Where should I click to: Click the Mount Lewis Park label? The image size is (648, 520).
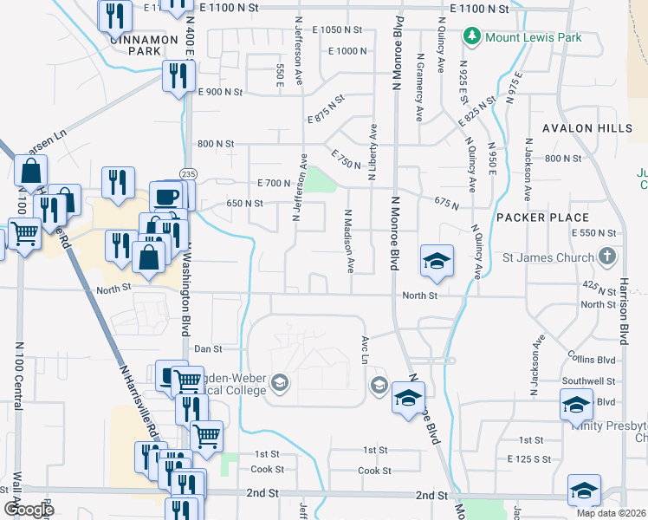pyautogui.click(x=533, y=37)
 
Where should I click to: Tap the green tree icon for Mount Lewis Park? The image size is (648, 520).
pyautogui.click(x=472, y=37)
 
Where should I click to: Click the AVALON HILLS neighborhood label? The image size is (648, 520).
pyautogui.click(x=580, y=128)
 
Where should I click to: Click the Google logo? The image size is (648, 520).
pyautogui.click(x=28, y=509)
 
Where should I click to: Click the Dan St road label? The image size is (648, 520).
pyautogui.click(x=208, y=349)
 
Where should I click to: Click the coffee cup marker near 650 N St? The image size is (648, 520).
pyautogui.click(x=168, y=195)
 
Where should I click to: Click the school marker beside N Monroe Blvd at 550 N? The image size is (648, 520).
pyautogui.click(x=437, y=259)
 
